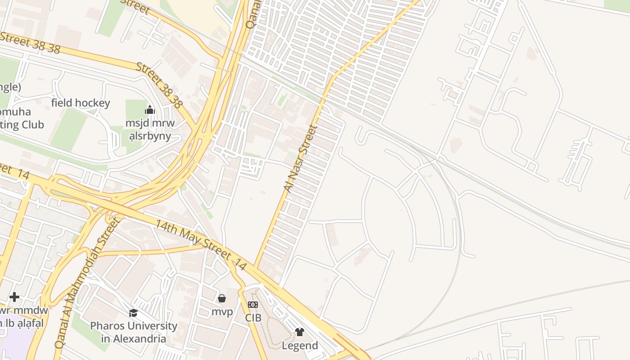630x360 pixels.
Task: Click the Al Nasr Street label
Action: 301,159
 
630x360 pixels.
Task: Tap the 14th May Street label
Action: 201,245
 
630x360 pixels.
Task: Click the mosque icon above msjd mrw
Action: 150,110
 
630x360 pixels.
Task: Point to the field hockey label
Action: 81,103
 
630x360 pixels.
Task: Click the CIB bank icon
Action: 253,305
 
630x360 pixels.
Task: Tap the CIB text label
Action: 253,318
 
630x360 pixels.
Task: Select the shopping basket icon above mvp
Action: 222,298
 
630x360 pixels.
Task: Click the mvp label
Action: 222,312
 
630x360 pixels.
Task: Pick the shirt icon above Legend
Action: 300,333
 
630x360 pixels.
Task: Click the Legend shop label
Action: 300,346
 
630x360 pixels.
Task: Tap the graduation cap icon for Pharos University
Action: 133,313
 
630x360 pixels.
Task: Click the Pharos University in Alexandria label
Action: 134,332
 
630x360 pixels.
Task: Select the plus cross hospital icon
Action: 14,297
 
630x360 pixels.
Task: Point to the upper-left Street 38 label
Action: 30,43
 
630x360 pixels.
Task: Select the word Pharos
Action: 108,326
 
